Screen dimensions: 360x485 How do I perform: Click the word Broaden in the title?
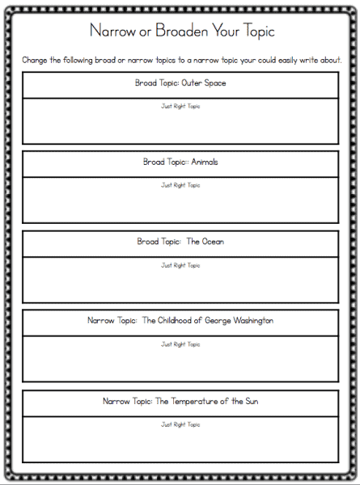(x=181, y=31)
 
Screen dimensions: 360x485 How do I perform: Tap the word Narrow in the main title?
(x=112, y=31)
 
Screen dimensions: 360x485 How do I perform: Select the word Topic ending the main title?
(x=258, y=32)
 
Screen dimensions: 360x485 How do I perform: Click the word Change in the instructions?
(x=34, y=61)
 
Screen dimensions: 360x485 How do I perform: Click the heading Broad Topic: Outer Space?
(x=180, y=83)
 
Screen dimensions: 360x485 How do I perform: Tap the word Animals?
(x=205, y=162)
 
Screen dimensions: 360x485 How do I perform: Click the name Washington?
(x=253, y=321)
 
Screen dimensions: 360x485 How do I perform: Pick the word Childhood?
(x=174, y=320)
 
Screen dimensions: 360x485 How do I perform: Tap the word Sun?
(x=252, y=401)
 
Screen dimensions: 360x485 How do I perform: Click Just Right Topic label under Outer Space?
(x=180, y=107)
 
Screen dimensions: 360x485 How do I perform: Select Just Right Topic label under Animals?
(x=180, y=185)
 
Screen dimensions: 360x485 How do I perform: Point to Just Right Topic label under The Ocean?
(x=180, y=265)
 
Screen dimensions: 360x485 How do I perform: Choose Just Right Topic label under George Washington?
(x=180, y=344)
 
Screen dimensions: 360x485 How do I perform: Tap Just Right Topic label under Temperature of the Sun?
(x=180, y=424)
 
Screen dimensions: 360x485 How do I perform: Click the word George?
(x=218, y=321)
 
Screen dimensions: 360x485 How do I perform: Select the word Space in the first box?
(x=215, y=83)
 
